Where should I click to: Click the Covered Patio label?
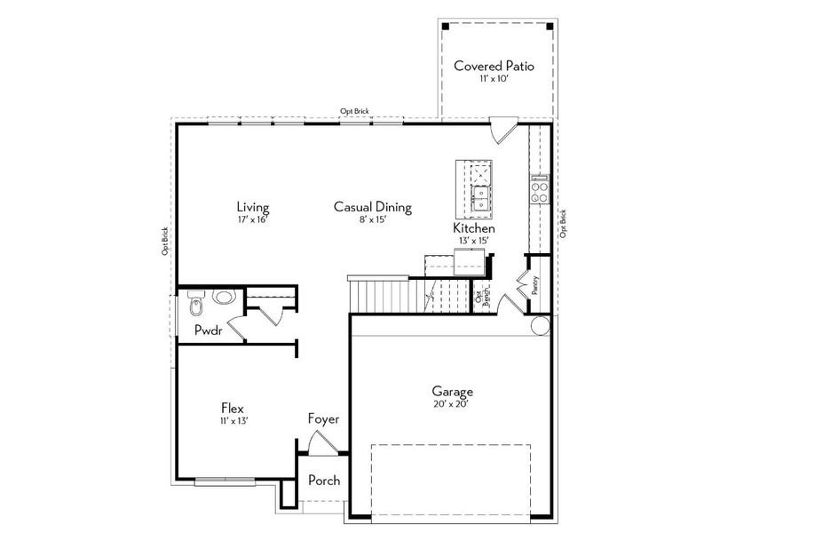tap(494, 66)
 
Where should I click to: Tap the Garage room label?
tap(452, 391)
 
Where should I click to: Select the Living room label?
tap(252, 206)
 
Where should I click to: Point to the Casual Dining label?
tap(372, 207)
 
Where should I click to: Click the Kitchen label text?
tap(474, 228)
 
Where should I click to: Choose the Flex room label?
tap(233, 408)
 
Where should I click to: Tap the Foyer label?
tap(323, 418)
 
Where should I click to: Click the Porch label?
tap(323, 481)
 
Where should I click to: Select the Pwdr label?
tap(209, 330)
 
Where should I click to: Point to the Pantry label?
tap(536, 283)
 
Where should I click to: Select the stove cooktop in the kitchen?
tap(539, 189)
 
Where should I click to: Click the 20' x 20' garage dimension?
tap(451, 404)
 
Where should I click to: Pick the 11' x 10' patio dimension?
tap(493, 80)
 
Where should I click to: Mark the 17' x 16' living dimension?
tap(252, 219)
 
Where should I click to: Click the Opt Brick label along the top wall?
tap(354, 111)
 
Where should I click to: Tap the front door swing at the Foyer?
tap(317, 444)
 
